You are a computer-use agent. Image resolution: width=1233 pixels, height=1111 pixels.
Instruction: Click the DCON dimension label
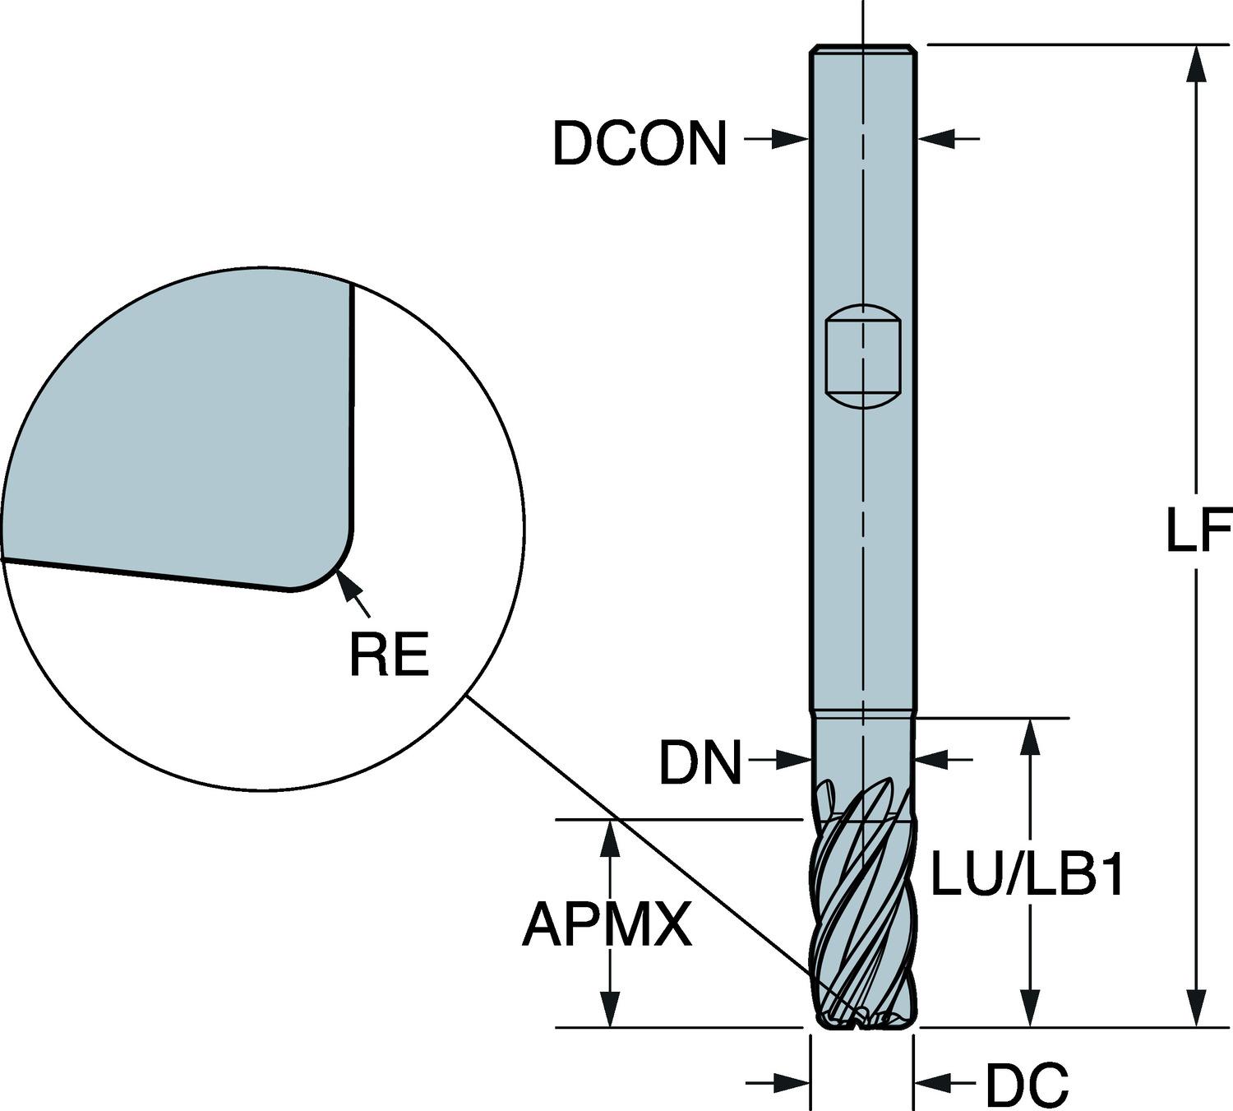coord(640,143)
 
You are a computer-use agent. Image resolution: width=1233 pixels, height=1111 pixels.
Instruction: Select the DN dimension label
coord(700,762)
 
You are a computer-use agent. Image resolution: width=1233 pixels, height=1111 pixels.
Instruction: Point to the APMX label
coord(607,924)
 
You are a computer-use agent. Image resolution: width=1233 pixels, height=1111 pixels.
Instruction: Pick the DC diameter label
coord(1027,1085)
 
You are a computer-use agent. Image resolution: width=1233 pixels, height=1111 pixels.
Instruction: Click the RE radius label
coord(389,655)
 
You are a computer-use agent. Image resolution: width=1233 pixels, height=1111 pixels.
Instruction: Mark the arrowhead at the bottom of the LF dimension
coord(1197,1011)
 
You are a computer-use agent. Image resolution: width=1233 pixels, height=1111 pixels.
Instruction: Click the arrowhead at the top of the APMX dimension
coord(609,835)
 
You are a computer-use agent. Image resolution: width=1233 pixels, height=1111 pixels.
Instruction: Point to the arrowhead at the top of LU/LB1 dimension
coord(1027,734)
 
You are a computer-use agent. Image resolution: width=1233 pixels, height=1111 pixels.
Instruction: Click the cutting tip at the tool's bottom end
coord(863,1020)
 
